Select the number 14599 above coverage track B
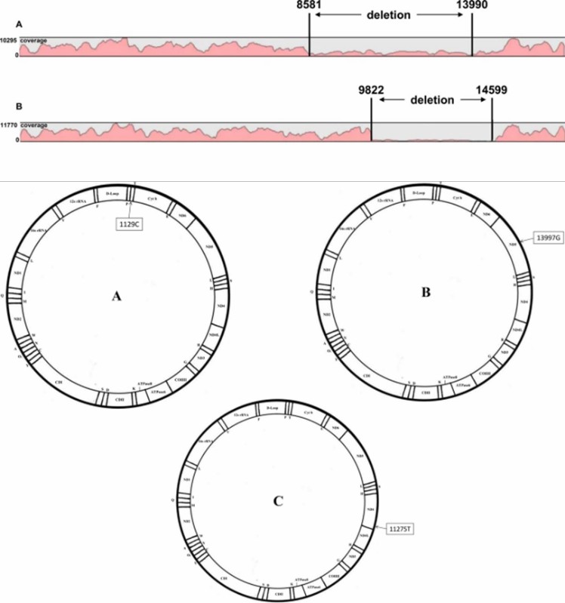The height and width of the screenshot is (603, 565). click(x=491, y=89)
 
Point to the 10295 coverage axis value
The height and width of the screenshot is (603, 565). click(x=9, y=40)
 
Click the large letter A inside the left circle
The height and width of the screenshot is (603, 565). click(x=117, y=297)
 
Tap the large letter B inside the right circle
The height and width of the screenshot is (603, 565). click(x=426, y=292)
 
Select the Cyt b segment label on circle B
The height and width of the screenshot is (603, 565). click(x=458, y=197)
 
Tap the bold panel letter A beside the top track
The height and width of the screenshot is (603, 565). click(x=7, y=23)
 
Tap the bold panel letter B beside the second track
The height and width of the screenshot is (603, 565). click(x=7, y=107)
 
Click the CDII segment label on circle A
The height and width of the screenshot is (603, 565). click(x=119, y=400)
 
